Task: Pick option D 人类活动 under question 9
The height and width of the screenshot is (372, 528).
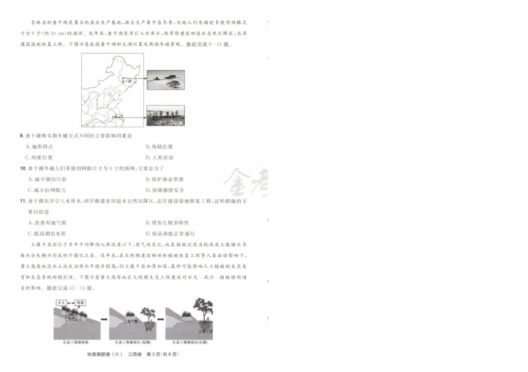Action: coord(159,158)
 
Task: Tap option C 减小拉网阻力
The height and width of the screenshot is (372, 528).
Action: coord(47,190)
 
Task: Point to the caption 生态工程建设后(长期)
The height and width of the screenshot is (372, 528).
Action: coord(189,342)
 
